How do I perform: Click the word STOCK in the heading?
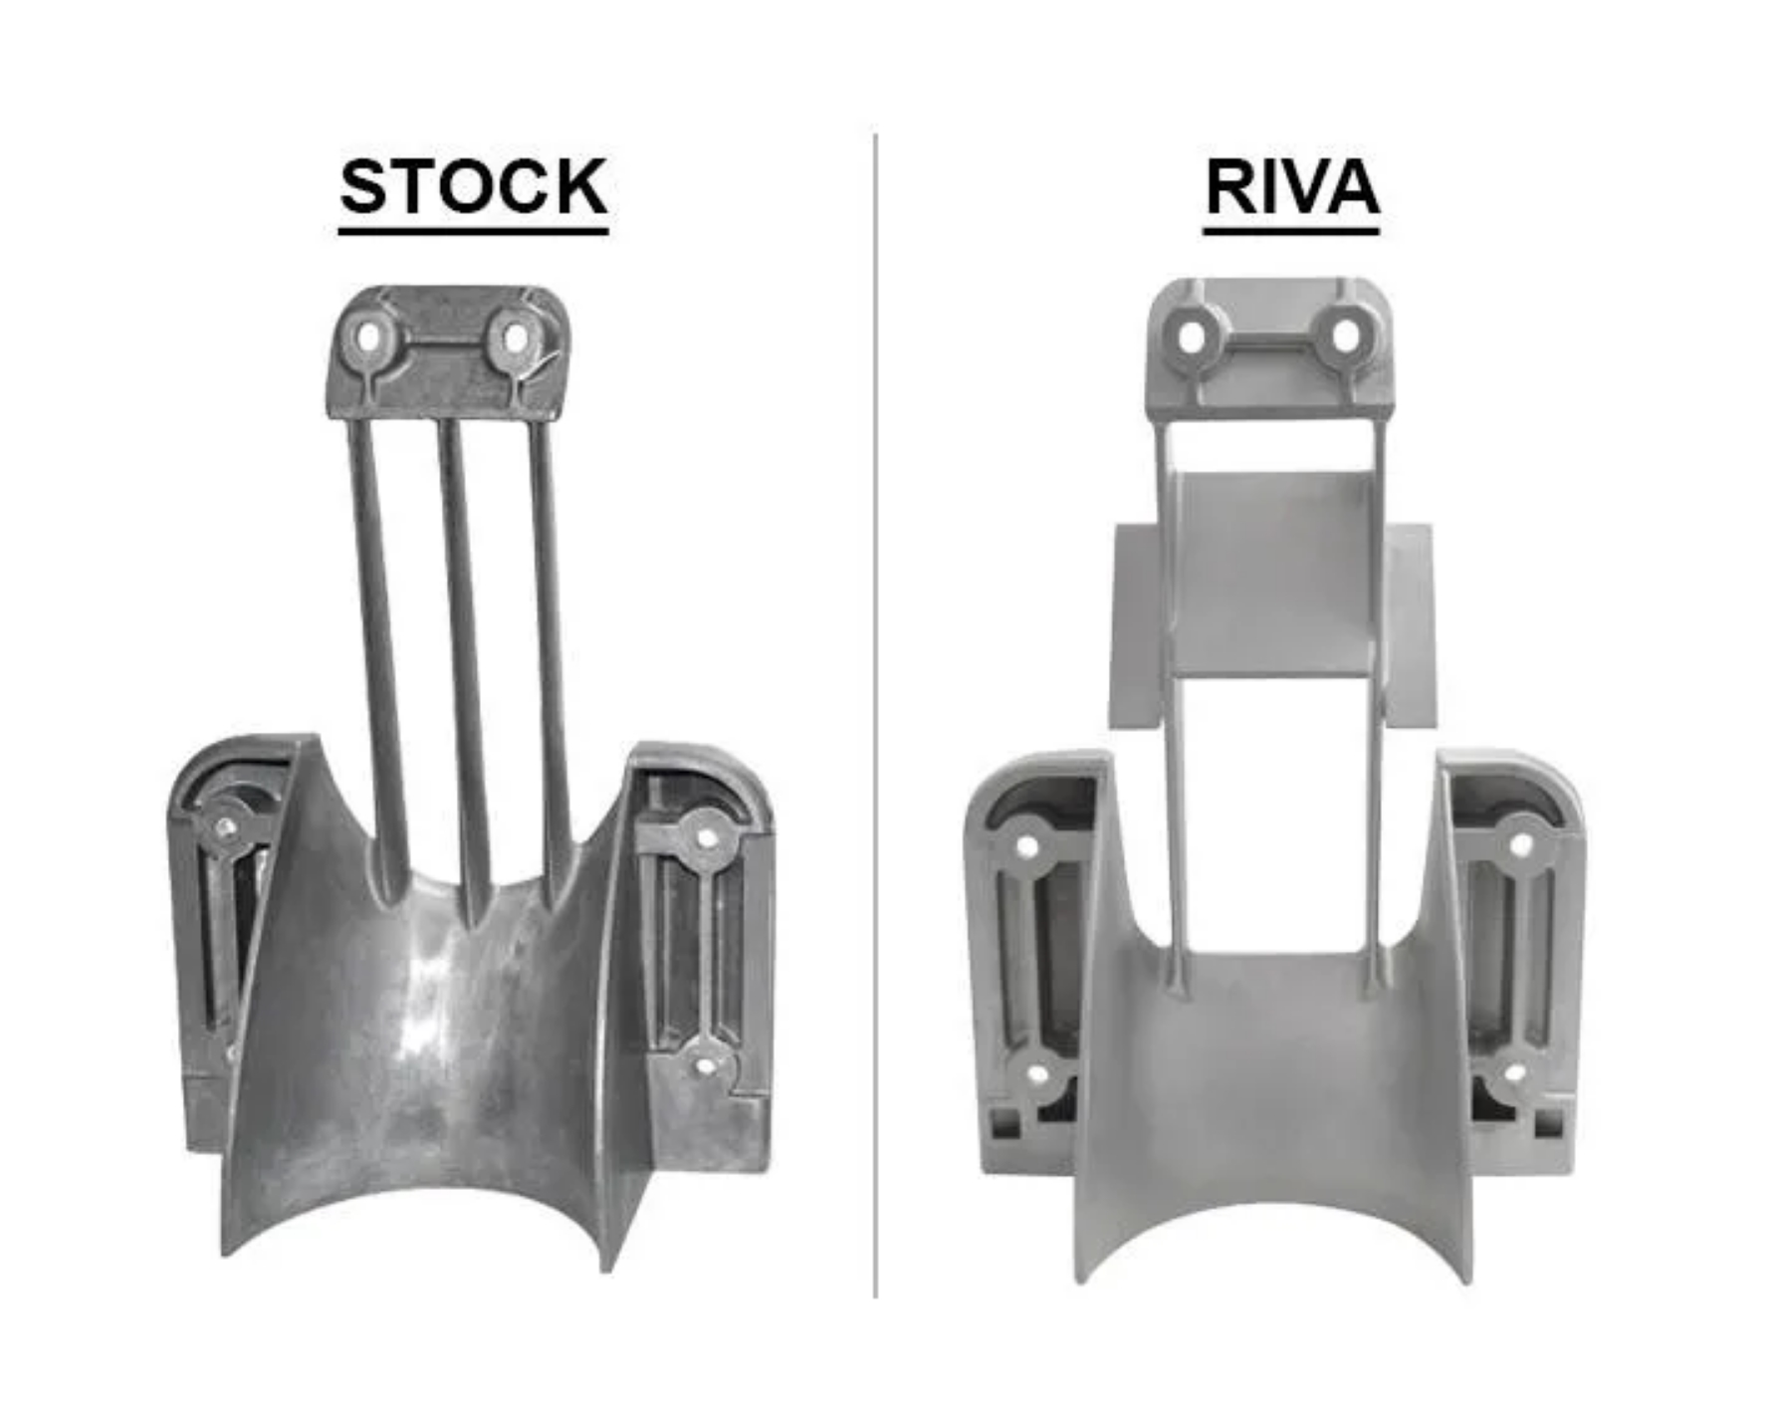pyautogui.click(x=473, y=186)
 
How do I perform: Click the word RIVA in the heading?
pyautogui.click(x=1291, y=186)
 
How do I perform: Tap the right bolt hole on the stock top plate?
pyautogui.click(x=514, y=339)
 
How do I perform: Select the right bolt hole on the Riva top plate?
pyautogui.click(x=1345, y=336)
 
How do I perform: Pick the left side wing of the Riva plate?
pyautogui.click(x=1135, y=627)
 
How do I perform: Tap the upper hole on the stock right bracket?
pyautogui.click(x=706, y=837)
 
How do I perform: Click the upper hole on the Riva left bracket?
pyautogui.click(x=1027, y=847)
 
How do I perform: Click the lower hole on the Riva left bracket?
pyautogui.click(x=1036, y=1075)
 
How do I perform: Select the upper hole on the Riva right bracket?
pyautogui.click(x=1520, y=845)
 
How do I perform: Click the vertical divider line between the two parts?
pyautogui.click(x=875, y=717)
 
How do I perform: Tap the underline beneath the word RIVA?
pyautogui.click(x=1291, y=231)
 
